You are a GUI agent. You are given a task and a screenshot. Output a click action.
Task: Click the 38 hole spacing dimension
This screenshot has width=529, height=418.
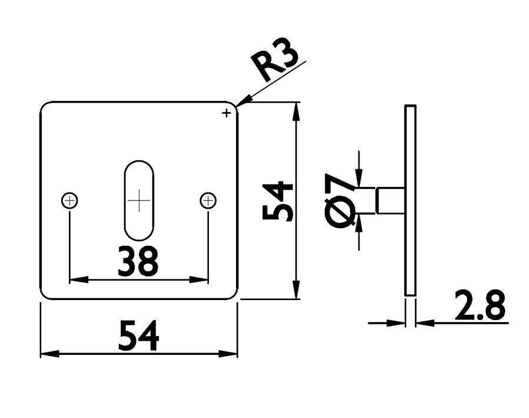138,262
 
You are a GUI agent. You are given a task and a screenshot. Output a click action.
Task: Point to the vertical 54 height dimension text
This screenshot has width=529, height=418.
278,201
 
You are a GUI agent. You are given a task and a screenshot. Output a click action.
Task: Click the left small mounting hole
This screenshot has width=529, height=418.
69,201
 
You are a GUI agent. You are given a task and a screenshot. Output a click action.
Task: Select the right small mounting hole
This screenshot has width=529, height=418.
208,201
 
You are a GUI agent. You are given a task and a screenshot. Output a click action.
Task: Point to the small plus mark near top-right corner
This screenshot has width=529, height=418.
226,113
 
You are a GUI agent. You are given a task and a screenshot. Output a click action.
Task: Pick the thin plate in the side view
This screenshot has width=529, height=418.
410,200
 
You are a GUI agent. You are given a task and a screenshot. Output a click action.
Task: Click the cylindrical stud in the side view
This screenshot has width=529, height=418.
390,200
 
